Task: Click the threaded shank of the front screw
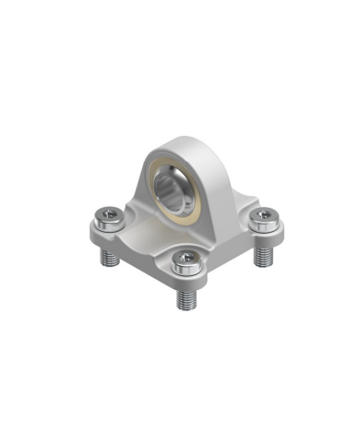coord(186,297)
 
